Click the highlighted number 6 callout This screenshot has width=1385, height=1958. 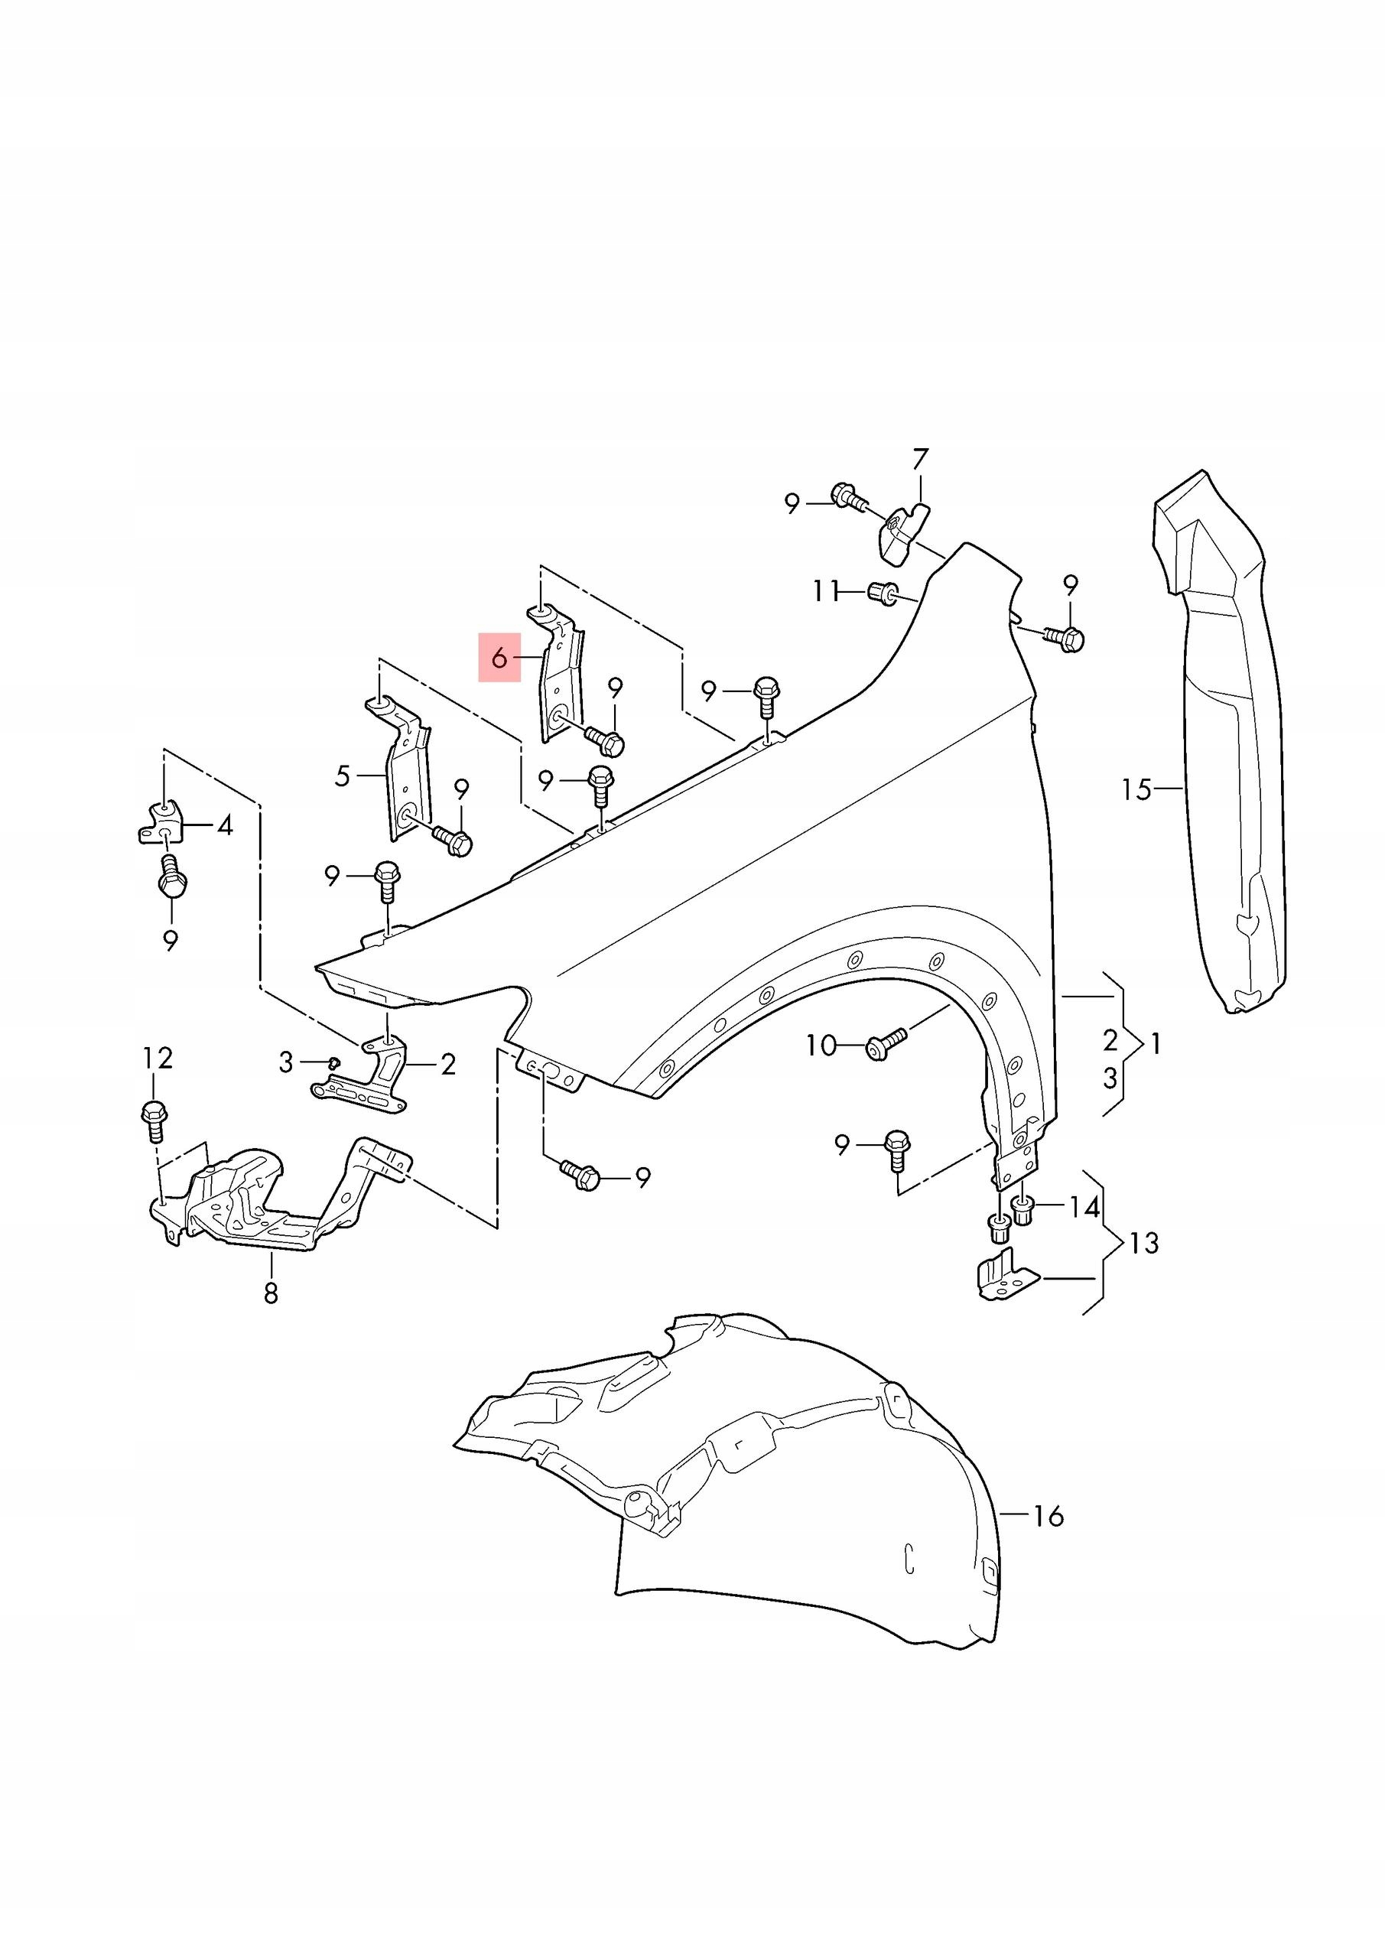click(499, 658)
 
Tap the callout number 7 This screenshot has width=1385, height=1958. click(919, 460)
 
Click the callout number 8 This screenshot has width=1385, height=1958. click(271, 1293)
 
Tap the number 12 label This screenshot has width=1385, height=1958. click(158, 1059)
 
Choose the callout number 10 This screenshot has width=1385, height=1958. click(821, 1046)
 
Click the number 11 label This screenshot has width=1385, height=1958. click(825, 590)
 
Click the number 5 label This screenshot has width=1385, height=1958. click(342, 776)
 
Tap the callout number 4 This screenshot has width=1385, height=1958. click(224, 825)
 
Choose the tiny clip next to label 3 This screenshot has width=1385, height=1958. click(334, 1062)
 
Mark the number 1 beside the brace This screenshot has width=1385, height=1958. click(1156, 1044)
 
